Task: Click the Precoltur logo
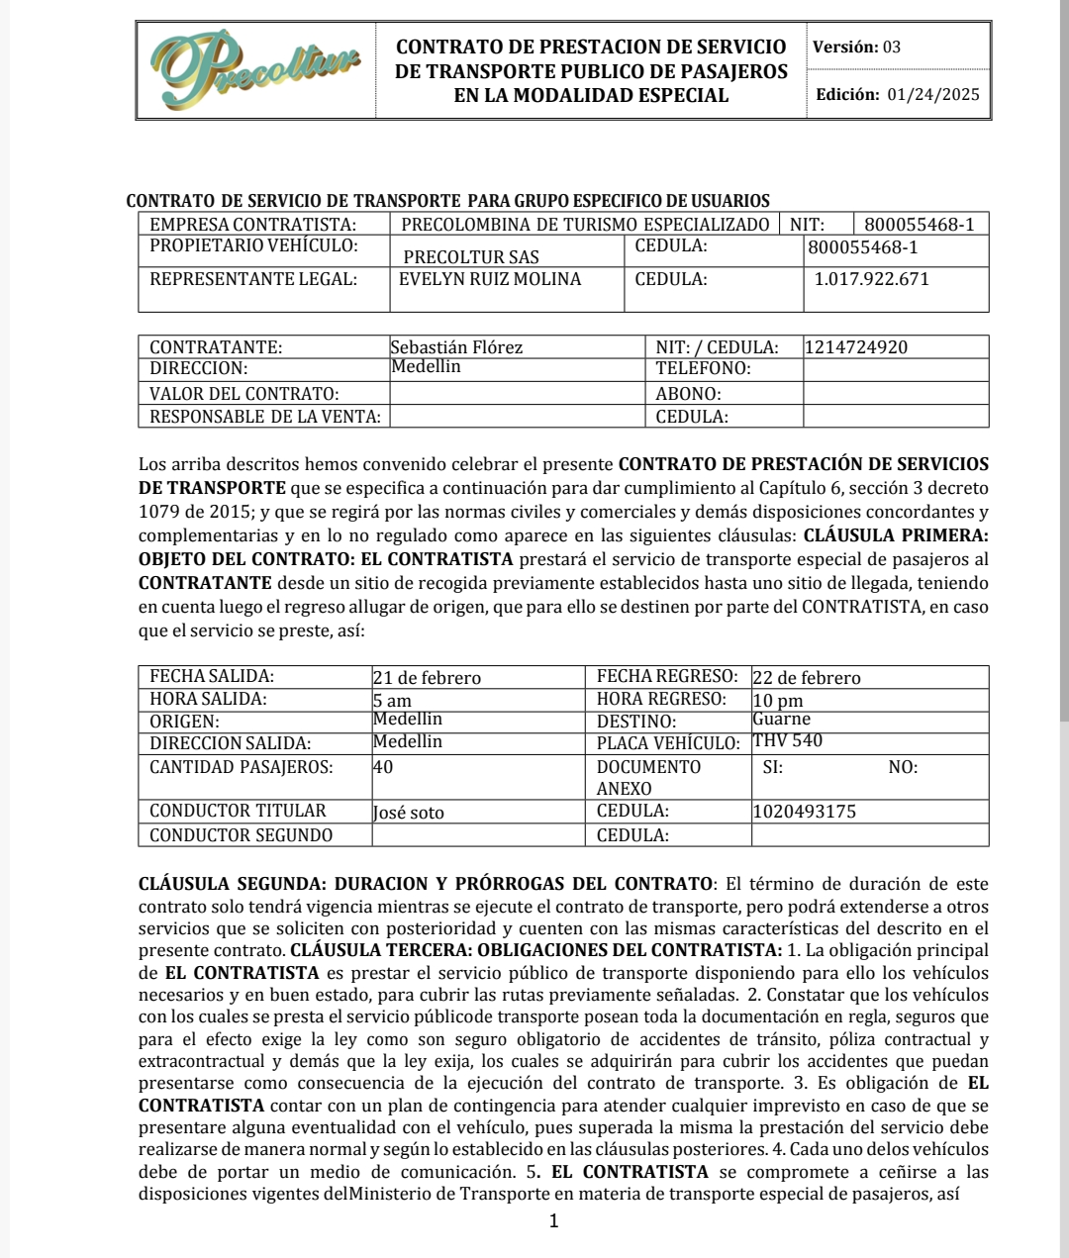click(255, 69)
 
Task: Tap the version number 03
click(892, 47)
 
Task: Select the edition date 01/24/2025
click(933, 95)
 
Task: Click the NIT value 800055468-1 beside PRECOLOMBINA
click(919, 225)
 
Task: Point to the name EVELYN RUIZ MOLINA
click(490, 279)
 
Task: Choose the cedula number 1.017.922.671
click(872, 279)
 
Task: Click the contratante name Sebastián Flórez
click(456, 347)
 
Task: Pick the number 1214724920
click(856, 347)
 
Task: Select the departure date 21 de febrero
click(427, 678)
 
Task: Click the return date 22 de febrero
click(807, 678)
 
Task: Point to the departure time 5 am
click(392, 701)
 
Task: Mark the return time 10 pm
click(778, 701)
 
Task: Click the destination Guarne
click(781, 720)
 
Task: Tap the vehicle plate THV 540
click(788, 741)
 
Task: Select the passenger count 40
click(383, 766)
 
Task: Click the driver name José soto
click(409, 813)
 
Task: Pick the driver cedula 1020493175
click(805, 812)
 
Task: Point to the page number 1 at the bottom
click(553, 1221)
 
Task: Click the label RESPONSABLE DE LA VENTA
click(264, 417)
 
